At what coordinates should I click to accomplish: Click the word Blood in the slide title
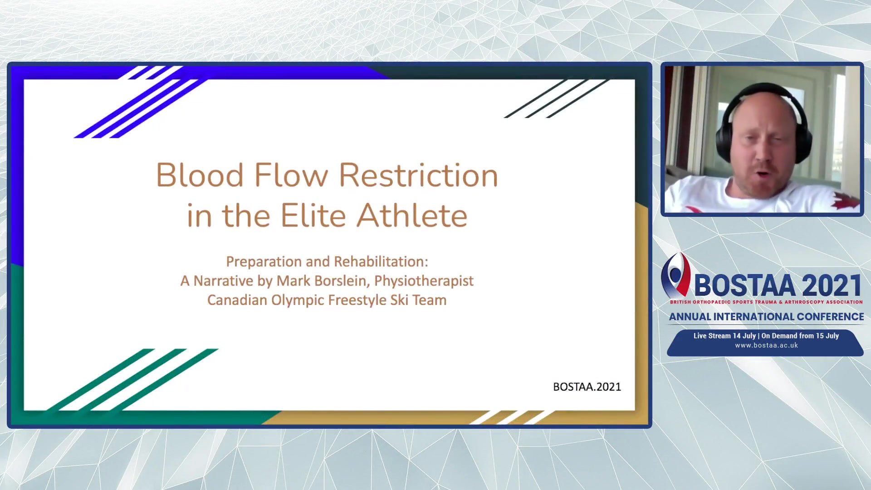pos(200,175)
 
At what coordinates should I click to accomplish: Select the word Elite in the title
pos(313,215)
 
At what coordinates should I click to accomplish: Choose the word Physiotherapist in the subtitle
pos(424,281)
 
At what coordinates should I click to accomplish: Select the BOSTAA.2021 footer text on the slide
pos(587,387)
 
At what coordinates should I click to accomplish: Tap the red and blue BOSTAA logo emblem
pos(675,275)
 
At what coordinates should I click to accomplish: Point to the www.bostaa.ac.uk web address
pos(767,345)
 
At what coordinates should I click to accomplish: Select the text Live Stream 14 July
pos(724,336)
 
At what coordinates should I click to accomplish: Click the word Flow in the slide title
pos(291,175)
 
